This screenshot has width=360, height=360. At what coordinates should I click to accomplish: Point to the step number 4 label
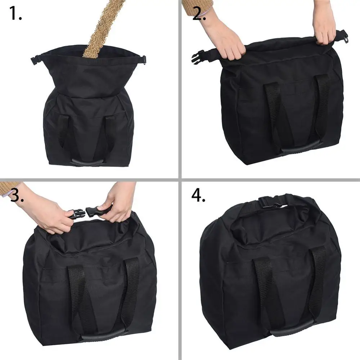click(x=198, y=195)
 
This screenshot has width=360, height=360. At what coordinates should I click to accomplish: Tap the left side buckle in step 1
click(x=35, y=60)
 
